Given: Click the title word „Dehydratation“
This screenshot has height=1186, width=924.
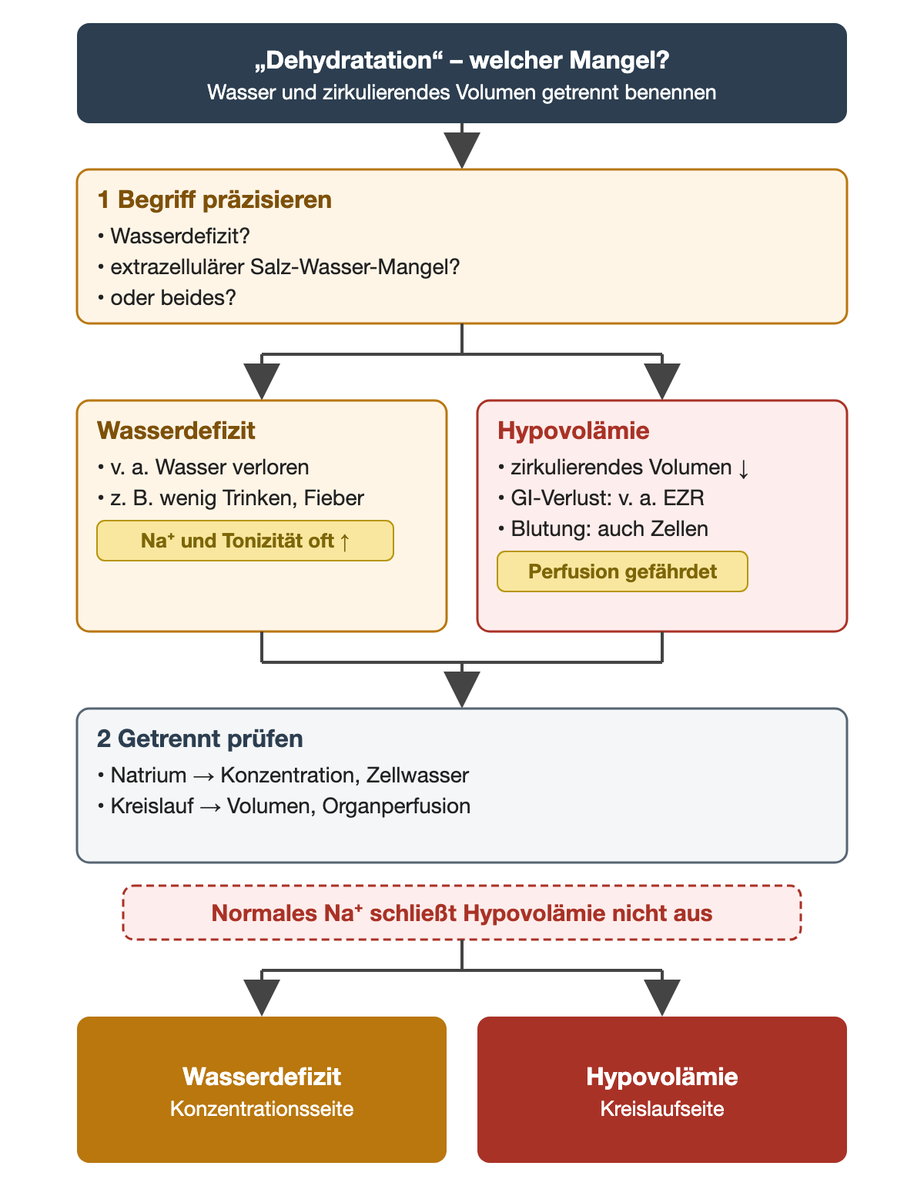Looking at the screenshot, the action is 349,61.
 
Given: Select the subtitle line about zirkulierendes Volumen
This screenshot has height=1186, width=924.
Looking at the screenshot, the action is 461,92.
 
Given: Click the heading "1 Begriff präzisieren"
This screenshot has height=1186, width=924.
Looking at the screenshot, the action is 214,199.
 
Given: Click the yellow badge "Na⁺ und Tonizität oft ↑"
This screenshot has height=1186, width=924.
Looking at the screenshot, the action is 245,541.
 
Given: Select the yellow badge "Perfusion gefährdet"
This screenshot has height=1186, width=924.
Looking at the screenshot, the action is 622,571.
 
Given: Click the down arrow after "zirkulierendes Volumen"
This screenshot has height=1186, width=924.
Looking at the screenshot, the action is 743,468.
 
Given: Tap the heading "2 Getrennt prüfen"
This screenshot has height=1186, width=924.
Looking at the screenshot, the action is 199,739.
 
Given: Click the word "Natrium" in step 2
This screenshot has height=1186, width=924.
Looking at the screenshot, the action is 149,775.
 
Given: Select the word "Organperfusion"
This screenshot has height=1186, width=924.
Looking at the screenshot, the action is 396,806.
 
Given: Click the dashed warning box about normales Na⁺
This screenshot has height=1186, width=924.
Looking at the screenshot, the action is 461,913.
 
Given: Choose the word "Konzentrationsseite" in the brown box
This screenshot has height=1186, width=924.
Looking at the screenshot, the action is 262,1108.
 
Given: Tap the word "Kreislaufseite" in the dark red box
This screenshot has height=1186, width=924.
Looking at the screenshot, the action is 661,1108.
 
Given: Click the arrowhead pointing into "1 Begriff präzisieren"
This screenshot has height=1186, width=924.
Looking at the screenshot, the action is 461,150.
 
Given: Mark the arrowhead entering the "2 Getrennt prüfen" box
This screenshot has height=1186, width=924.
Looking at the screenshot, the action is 461,689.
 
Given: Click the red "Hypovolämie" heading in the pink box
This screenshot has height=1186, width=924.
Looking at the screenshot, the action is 574,431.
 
